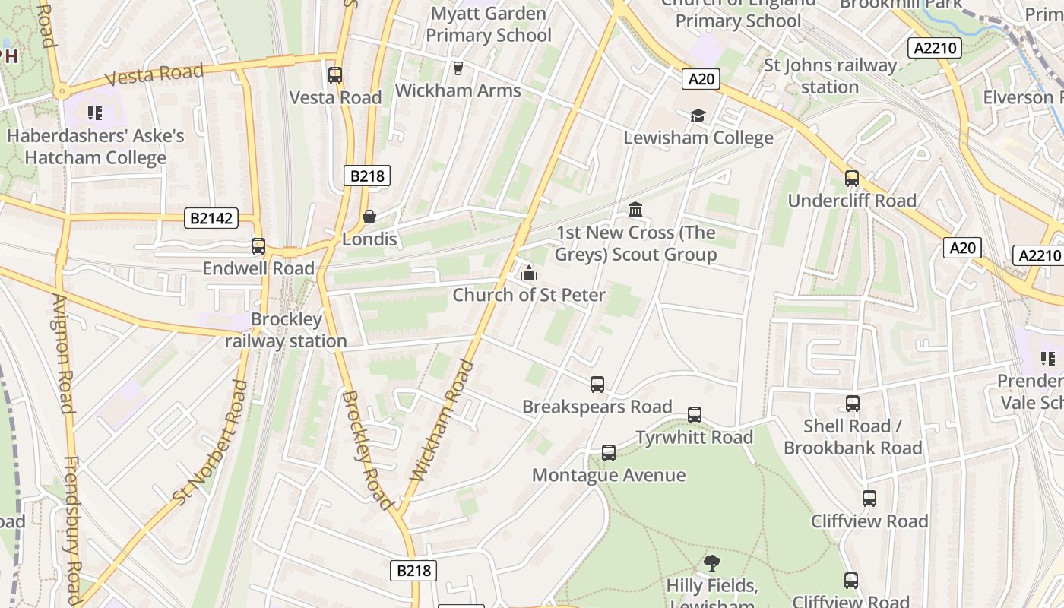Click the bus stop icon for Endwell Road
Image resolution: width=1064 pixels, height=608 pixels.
click(258, 246)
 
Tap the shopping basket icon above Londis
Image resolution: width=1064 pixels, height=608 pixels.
click(369, 217)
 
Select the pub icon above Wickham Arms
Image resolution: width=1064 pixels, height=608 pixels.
click(458, 68)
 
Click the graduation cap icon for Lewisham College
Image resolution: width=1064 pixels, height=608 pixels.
click(698, 116)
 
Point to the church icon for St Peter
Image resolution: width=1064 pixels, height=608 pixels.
click(528, 273)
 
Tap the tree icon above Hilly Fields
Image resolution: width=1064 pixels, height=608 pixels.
click(712, 563)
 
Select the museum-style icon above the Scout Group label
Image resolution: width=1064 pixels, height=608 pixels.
click(635, 209)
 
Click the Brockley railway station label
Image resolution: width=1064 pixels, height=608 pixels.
click(287, 331)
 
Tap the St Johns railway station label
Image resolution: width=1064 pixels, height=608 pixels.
click(830, 76)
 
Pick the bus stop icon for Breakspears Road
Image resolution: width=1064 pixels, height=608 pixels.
click(597, 385)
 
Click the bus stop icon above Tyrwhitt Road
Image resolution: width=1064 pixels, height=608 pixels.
click(695, 415)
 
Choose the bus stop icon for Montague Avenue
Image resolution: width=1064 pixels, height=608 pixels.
click(609, 453)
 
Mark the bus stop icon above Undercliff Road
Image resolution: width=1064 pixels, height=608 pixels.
click(852, 179)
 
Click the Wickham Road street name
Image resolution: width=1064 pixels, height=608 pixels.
click(442, 420)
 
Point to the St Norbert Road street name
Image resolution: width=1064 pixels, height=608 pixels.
click(211, 443)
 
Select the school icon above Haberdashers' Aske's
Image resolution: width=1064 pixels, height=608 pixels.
click(95, 114)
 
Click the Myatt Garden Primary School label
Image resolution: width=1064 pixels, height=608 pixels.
click(489, 24)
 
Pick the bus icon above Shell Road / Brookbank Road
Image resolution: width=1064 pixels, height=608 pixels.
click(853, 404)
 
